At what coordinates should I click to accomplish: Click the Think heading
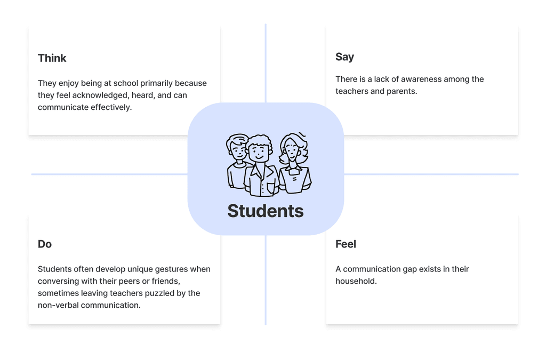52,58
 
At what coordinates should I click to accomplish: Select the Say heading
344,57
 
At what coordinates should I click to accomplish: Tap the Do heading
45,244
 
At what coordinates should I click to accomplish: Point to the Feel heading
346,244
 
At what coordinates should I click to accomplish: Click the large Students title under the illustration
266,211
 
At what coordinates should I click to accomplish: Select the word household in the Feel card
356,281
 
